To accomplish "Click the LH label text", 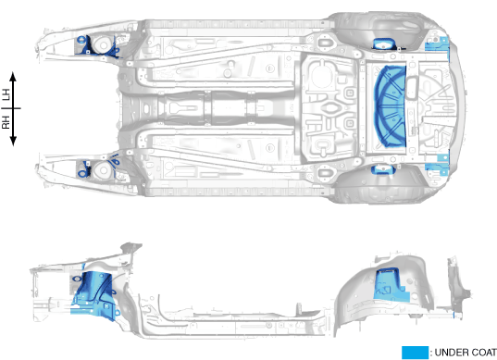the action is coord(6,94).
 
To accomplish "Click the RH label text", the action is coord(6,122).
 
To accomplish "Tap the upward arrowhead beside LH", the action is coord(13,76).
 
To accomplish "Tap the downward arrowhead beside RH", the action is coord(13,142).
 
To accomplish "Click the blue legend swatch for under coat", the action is coord(415,353).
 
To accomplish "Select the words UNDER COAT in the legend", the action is coord(466,353).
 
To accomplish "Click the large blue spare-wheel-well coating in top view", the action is coord(391,106).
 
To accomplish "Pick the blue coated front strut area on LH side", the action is coord(97,46).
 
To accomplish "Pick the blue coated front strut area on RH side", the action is coord(98,167).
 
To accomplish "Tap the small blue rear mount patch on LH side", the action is coord(384,43).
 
